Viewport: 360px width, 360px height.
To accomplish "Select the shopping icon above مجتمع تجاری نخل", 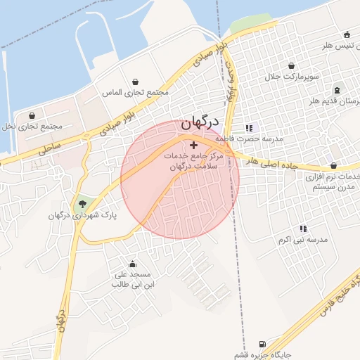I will pyautogui.click(x=32, y=115).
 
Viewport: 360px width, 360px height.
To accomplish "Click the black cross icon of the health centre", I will pyautogui.click(x=194, y=145).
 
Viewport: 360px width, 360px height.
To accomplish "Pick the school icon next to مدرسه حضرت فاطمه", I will pyautogui.click(x=248, y=128).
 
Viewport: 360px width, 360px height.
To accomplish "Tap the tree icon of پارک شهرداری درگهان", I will pyautogui.click(x=84, y=205).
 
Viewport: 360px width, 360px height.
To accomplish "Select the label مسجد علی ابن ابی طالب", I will pyautogui.click(x=131, y=280).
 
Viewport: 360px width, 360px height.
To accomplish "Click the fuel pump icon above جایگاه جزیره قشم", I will pyautogui.click(x=263, y=344).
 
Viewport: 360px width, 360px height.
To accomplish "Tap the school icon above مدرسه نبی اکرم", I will pyautogui.click(x=303, y=229).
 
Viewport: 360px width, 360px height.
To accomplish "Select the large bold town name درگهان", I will pyautogui.click(x=200, y=122).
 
